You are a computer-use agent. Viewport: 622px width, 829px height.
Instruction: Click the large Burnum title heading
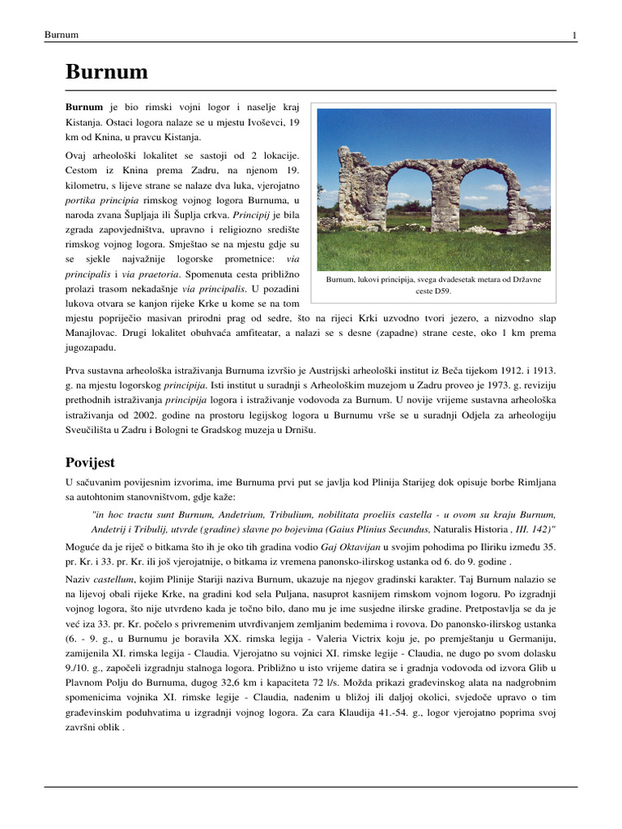[107, 72]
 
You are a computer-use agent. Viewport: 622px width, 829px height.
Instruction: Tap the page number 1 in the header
[573, 35]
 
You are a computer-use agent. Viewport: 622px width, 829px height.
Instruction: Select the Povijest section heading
[90, 462]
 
